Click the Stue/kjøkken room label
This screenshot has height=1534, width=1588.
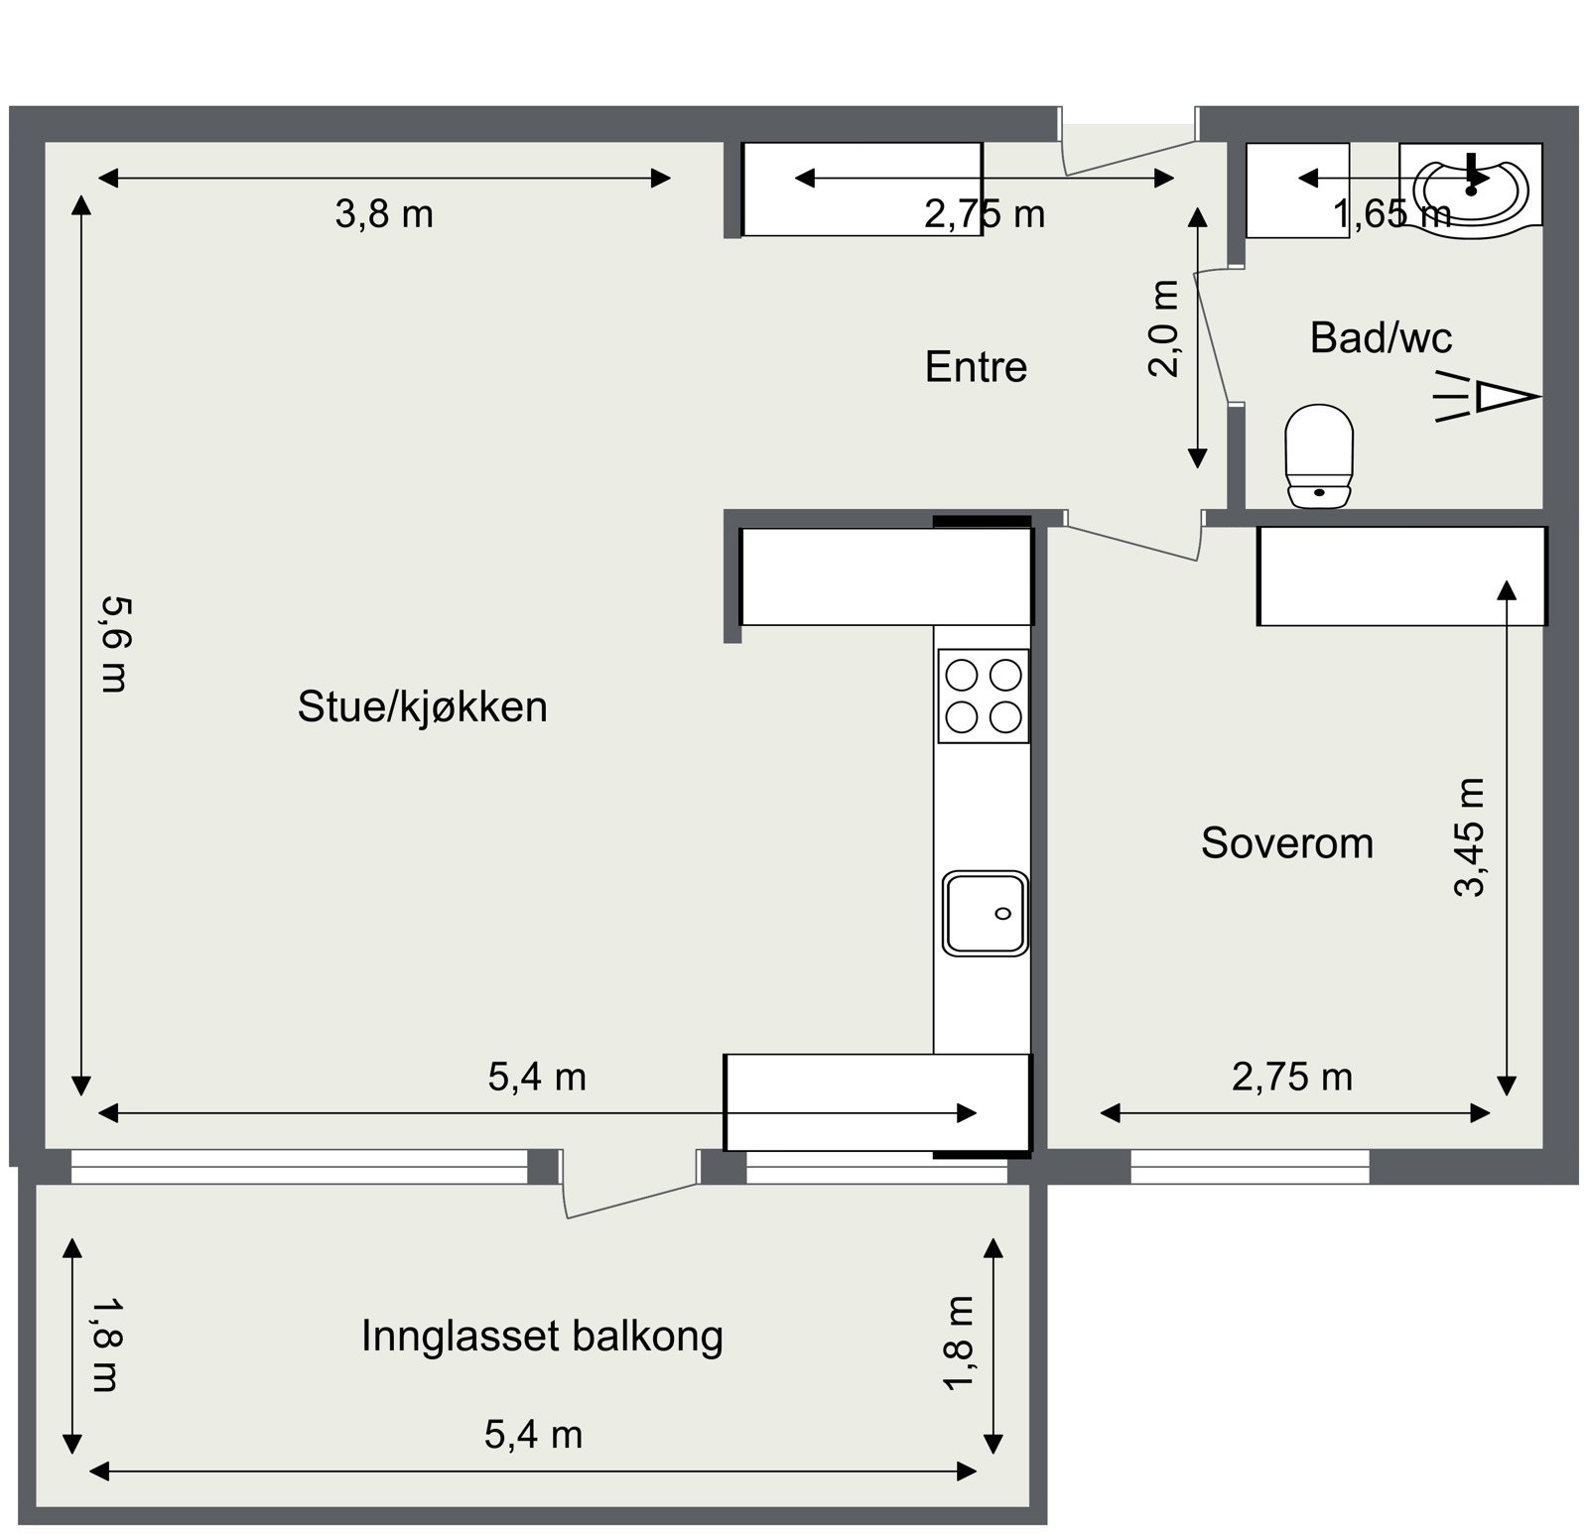pyautogui.click(x=422, y=707)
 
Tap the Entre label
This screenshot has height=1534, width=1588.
pyautogui.click(x=976, y=367)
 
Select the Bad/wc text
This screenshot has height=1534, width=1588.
pyautogui.click(x=1381, y=338)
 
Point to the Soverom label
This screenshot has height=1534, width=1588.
pyautogui.click(x=1286, y=843)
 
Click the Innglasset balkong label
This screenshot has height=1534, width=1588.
pyautogui.click(x=542, y=1336)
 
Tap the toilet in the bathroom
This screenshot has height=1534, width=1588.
pyautogui.click(x=1319, y=456)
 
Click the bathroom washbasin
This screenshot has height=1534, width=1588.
pyautogui.click(x=1470, y=189)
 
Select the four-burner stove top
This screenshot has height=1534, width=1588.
pyautogui.click(x=984, y=696)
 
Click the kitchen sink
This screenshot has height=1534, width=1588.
pyautogui.click(x=985, y=913)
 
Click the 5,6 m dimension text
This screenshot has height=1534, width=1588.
pyautogui.click(x=114, y=644)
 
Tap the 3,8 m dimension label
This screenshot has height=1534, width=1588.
pyautogui.click(x=384, y=214)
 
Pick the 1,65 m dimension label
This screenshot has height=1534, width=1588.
pyautogui.click(x=1391, y=214)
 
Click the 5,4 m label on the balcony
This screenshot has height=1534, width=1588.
pyautogui.click(x=533, y=1435)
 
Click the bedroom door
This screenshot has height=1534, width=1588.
pyautogui.click(x=1131, y=541)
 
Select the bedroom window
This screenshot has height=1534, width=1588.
pyautogui.click(x=1250, y=1167)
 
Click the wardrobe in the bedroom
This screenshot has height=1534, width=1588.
pyautogui.click(x=1401, y=576)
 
